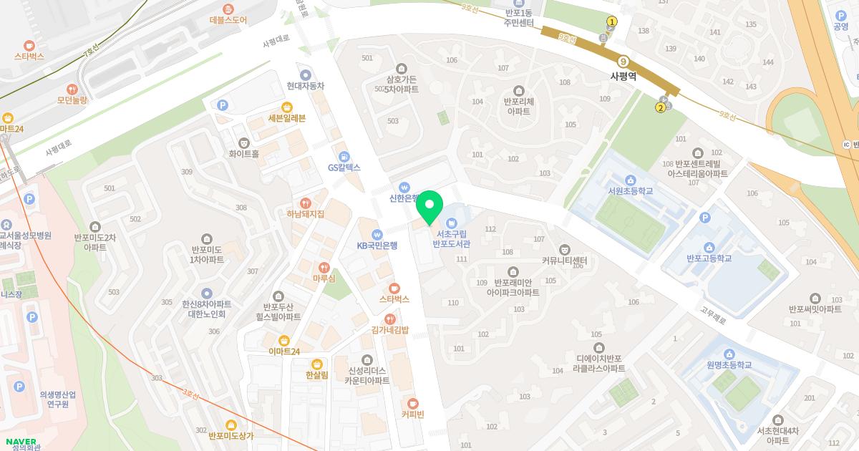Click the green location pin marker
pyautogui.click(x=429, y=208)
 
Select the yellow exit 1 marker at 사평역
pyautogui.click(x=612, y=21)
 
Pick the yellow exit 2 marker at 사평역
pyautogui.click(x=660, y=108)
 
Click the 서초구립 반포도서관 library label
pyautogui.click(x=451, y=238)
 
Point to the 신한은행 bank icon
pyautogui.click(x=404, y=185)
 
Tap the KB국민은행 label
pyautogui.click(x=377, y=246)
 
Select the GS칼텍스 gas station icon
pyautogui.click(x=344, y=155)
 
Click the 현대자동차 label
pyautogui.click(x=306, y=85)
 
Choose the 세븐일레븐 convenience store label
pyautogui.click(x=286, y=118)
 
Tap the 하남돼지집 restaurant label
pyautogui.click(x=306, y=213)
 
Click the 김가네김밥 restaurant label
pyautogui.click(x=389, y=330)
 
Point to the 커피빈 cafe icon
pyautogui.click(x=412, y=403)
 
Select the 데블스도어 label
pyautogui.click(x=228, y=20)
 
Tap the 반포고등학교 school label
pyautogui.click(x=709, y=258)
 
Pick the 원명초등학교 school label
pyautogui.click(x=729, y=365)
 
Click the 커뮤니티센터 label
pyautogui.click(x=564, y=260)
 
